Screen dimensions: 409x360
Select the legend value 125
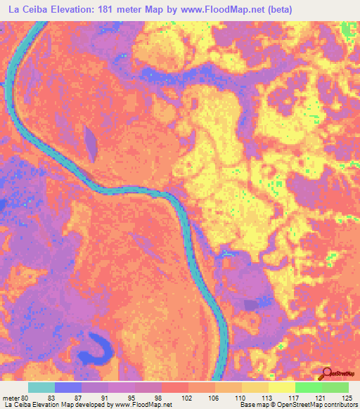click(345, 398)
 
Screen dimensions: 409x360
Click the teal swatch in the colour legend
click(41, 388)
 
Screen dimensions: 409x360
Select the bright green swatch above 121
click(308, 388)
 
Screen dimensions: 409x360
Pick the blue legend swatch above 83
click(68, 388)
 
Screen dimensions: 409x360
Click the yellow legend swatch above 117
click(281, 388)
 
